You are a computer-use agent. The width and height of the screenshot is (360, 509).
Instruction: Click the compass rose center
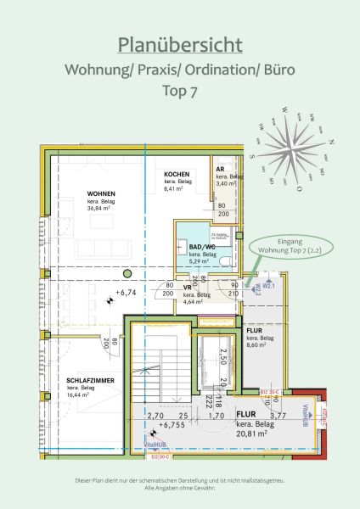[x=294, y=154]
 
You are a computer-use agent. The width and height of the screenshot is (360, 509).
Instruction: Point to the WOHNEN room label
[x=101, y=193]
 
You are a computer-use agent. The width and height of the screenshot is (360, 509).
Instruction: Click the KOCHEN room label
[x=177, y=173]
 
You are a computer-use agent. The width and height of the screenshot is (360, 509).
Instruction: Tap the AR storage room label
[x=220, y=169]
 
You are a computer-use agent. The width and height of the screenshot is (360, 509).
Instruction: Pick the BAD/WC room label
[x=201, y=247]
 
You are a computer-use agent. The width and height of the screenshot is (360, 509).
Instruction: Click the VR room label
[x=188, y=287]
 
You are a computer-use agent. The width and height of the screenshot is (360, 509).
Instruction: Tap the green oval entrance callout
[x=285, y=246]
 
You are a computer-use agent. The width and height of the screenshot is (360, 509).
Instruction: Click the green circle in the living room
[x=127, y=273]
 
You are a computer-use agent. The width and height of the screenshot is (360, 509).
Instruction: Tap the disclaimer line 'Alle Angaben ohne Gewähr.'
[x=180, y=489]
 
